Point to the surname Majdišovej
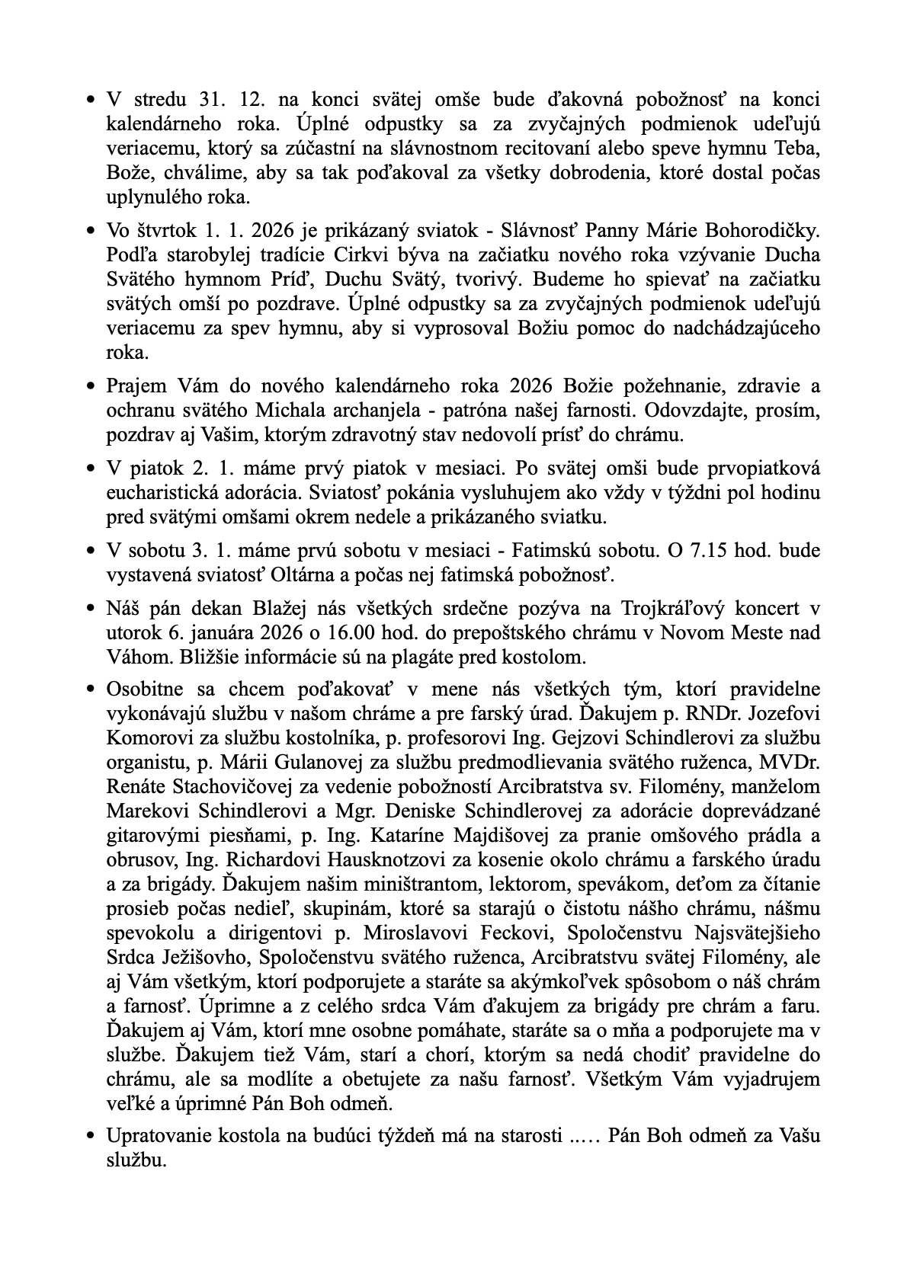click(437, 836)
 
